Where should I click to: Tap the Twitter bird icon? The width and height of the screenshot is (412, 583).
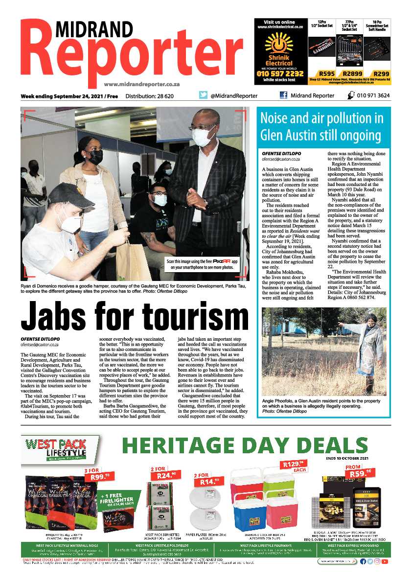click(x=203, y=95)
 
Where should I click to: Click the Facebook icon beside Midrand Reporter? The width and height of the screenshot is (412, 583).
click(x=283, y=95)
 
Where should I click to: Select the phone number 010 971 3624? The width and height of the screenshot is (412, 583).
click(x=373, y=95)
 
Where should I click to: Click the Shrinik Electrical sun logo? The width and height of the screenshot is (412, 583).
click(x=278, y=44)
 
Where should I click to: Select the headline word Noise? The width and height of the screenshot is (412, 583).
click(x=277, y=118)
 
